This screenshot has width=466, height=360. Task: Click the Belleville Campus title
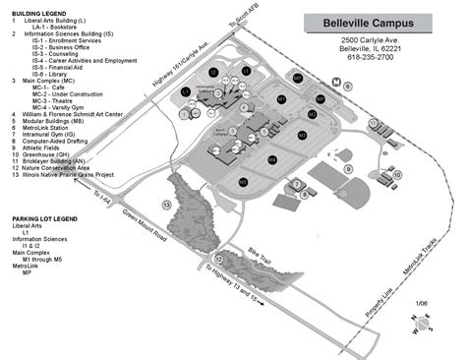[x=377, y=22]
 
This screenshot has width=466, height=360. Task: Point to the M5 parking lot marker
[x=242, y=181]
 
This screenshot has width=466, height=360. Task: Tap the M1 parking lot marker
[x=281, y=99]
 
